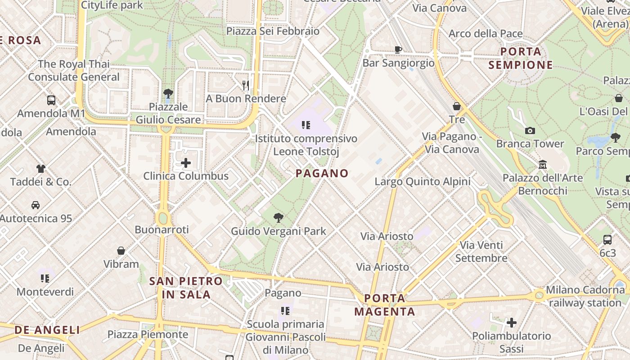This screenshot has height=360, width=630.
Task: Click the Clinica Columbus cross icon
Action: click(186, 163)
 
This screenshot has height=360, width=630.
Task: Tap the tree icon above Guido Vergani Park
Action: click(279, 218)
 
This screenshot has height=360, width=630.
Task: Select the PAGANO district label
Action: click(322, 173)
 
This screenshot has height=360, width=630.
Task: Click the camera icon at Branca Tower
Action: click(530, 131)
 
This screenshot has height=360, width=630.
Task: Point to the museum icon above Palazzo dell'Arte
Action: click(543, 165)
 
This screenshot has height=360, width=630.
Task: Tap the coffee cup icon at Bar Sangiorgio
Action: click(398, 49)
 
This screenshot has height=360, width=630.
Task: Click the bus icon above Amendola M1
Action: click(51, 100)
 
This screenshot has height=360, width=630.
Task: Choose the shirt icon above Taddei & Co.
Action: click(41, 169)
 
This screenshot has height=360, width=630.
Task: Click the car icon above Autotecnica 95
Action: click(36, 205)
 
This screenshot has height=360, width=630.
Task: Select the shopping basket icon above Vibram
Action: click(121, 251)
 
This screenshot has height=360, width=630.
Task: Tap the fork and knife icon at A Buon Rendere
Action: click(246, 85)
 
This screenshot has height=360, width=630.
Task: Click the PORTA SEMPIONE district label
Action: click(521, 58)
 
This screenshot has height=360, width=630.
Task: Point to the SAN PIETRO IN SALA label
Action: click(186, 288)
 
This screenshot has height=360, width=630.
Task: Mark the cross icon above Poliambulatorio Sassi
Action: click(511, 323)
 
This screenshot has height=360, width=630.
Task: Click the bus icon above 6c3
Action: click(607, 240)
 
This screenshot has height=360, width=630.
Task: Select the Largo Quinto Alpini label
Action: click(423, 182)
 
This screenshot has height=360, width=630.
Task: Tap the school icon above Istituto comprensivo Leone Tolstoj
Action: click(306, 125)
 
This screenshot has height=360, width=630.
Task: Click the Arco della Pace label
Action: click(486, 34)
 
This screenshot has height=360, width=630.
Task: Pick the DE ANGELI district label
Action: click(47, 330)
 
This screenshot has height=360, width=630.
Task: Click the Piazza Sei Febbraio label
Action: click(273, 31)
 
